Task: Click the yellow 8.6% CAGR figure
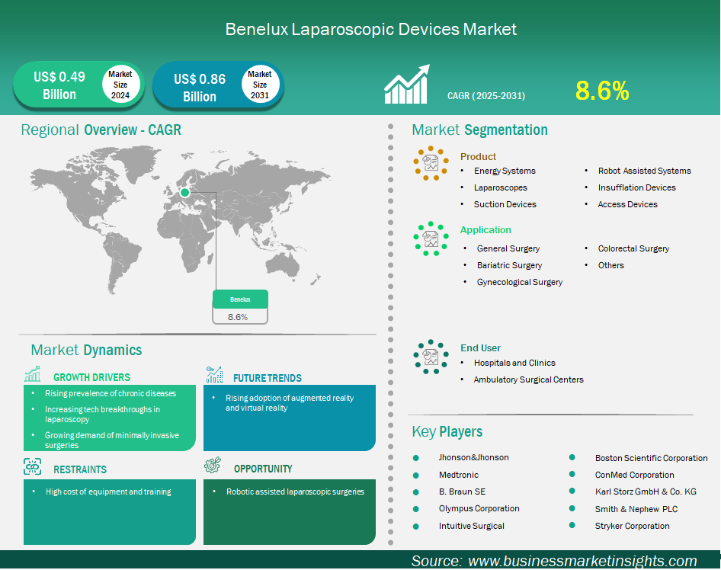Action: [602, 91]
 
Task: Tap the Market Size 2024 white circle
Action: [120, 84]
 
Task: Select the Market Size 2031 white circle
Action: [260, 84]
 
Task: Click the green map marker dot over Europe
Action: [185, 193]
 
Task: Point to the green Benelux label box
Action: [240, 299]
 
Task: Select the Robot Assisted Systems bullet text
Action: [644, 171]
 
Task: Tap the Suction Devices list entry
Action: [505, 204]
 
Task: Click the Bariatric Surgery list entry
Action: [509, 265]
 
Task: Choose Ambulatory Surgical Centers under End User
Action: [528, 379]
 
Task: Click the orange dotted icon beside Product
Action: [431, 163]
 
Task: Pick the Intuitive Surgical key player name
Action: [471, 526]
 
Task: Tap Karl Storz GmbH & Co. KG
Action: [646, 492]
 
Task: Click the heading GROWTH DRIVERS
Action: [91, 377]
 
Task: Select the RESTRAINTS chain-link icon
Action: [32, 466]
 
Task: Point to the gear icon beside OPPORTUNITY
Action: [213, 465]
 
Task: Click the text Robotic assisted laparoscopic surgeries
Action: [295, 492]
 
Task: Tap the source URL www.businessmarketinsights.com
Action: [582, 561]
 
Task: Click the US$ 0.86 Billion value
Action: [200, 88]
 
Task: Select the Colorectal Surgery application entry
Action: [633, 248]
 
